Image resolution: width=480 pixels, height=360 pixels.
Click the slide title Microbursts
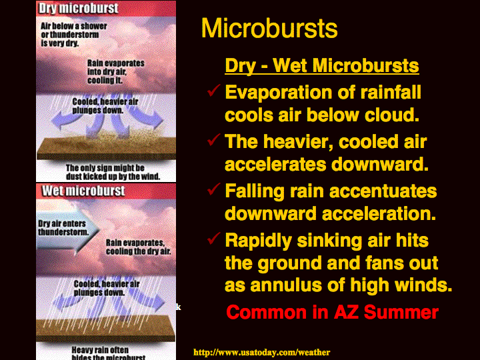pyautogui.click(x=269, y=28)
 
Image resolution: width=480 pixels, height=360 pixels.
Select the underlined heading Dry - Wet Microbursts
pyautogui.click(x=322, y=65)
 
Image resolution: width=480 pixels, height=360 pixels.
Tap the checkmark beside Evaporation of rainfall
pyautogui.click(x=214, y=90)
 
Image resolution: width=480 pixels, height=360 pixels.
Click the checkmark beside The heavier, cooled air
pyautogui.click(x=214, y=139)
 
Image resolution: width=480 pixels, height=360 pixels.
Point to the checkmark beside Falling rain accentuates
pyautogui.click(x=214, y=189)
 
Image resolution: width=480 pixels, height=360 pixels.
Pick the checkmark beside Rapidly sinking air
pyautogui.click(x=214, y=238)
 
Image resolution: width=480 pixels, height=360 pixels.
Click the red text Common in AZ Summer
pyautogui.click(x=333, y=312)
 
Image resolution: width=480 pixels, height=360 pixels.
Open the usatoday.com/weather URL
pyautogui.click(x=262, y=353)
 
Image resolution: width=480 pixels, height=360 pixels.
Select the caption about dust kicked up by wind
pyautogui.click(x=113, y=173)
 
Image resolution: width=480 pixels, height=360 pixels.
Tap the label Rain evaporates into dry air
pyautogui.click(x=116, y=71)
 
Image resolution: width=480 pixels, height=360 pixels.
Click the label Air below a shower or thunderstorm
pyautogui.click(x=74, y=35)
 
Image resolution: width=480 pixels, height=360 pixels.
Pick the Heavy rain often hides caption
pyautogui.click(x=109, y=353)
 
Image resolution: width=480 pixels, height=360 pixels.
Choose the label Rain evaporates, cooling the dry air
pyautogui.click(x=139, y=247)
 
